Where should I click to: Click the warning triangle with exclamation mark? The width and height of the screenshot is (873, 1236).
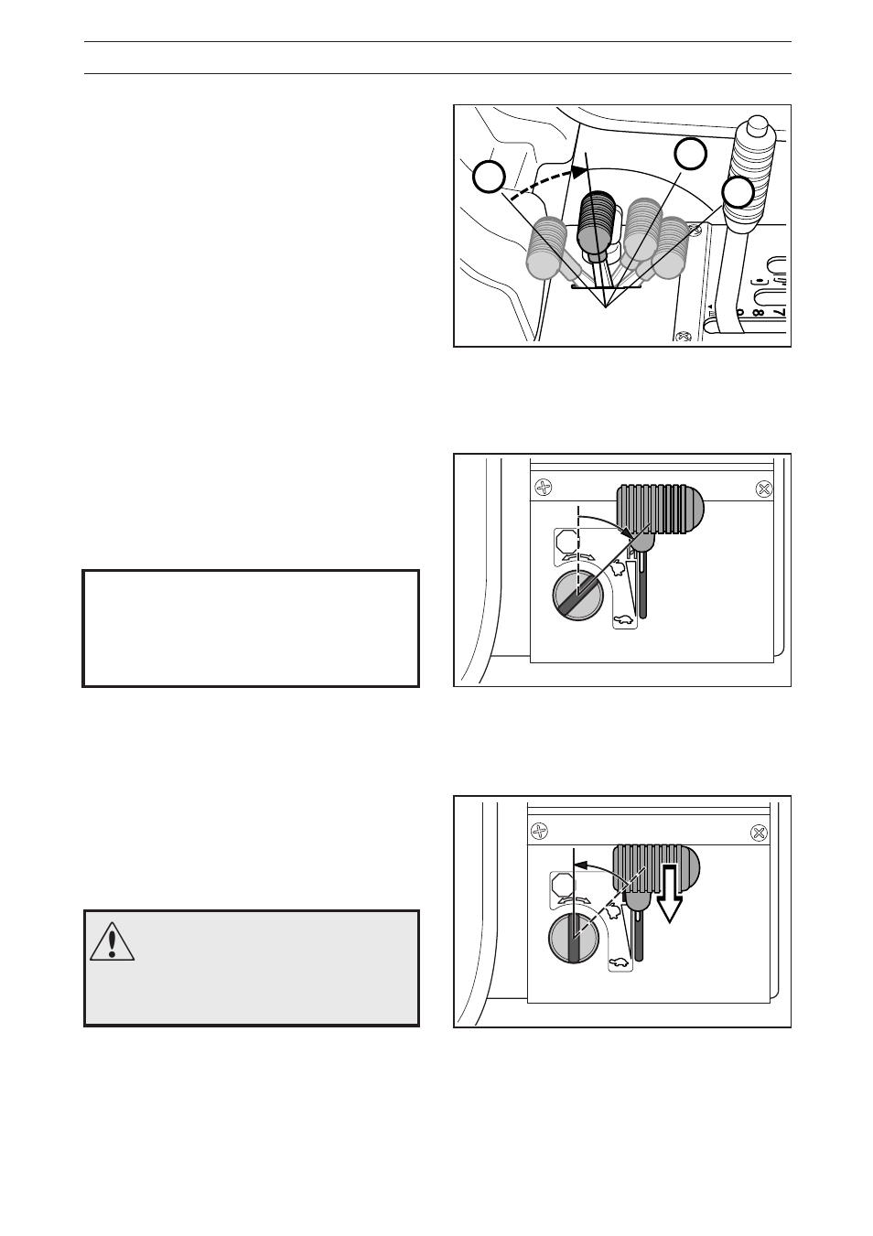(x=113, y=941)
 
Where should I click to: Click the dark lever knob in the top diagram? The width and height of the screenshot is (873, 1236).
(x=600, y=221)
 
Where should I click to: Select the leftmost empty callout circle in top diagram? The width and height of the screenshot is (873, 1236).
(x=490, y=177)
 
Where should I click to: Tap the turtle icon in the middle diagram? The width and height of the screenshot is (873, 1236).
(x=623, y=620)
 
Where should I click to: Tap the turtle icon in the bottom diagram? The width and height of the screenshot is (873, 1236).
(x=620, y=962)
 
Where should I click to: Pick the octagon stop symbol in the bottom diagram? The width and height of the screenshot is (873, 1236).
(x=562, y=885)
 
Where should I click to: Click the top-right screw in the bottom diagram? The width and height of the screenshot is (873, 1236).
(x=758, y=832)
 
